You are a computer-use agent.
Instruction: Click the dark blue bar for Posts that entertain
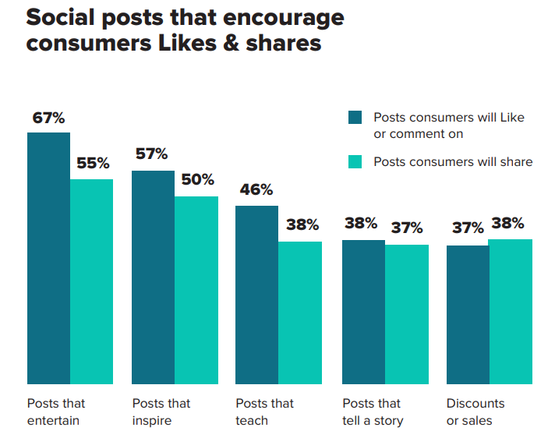[x=48, y=258]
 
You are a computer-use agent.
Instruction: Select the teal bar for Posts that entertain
[x=91, y=281]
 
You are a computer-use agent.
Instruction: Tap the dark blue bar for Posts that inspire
[x=153, y=277]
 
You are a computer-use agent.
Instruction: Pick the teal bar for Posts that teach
[x=300, y=313]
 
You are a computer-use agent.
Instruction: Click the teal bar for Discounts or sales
[x=511, y=311]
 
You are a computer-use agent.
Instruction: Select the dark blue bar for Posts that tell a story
[x=363, y=312]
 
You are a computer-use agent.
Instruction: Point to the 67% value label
[x=48, y=118]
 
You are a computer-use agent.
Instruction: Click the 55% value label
[x=93, y=164]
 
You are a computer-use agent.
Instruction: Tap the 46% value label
[x=256, y=189]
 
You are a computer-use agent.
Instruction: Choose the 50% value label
[x=197, y=179]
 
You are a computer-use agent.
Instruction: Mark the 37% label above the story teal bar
[x=407, y=228]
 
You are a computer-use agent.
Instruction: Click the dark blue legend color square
[x=355, y=118]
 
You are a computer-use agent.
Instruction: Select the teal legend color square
[x=355, y=162]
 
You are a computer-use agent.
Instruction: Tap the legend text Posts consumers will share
[x=453, y=162]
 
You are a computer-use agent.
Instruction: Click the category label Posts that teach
[x=265, y=412]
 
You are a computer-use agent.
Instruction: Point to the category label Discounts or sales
[x=475, y=412]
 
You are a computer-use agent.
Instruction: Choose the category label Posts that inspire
[x=161, y=412]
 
